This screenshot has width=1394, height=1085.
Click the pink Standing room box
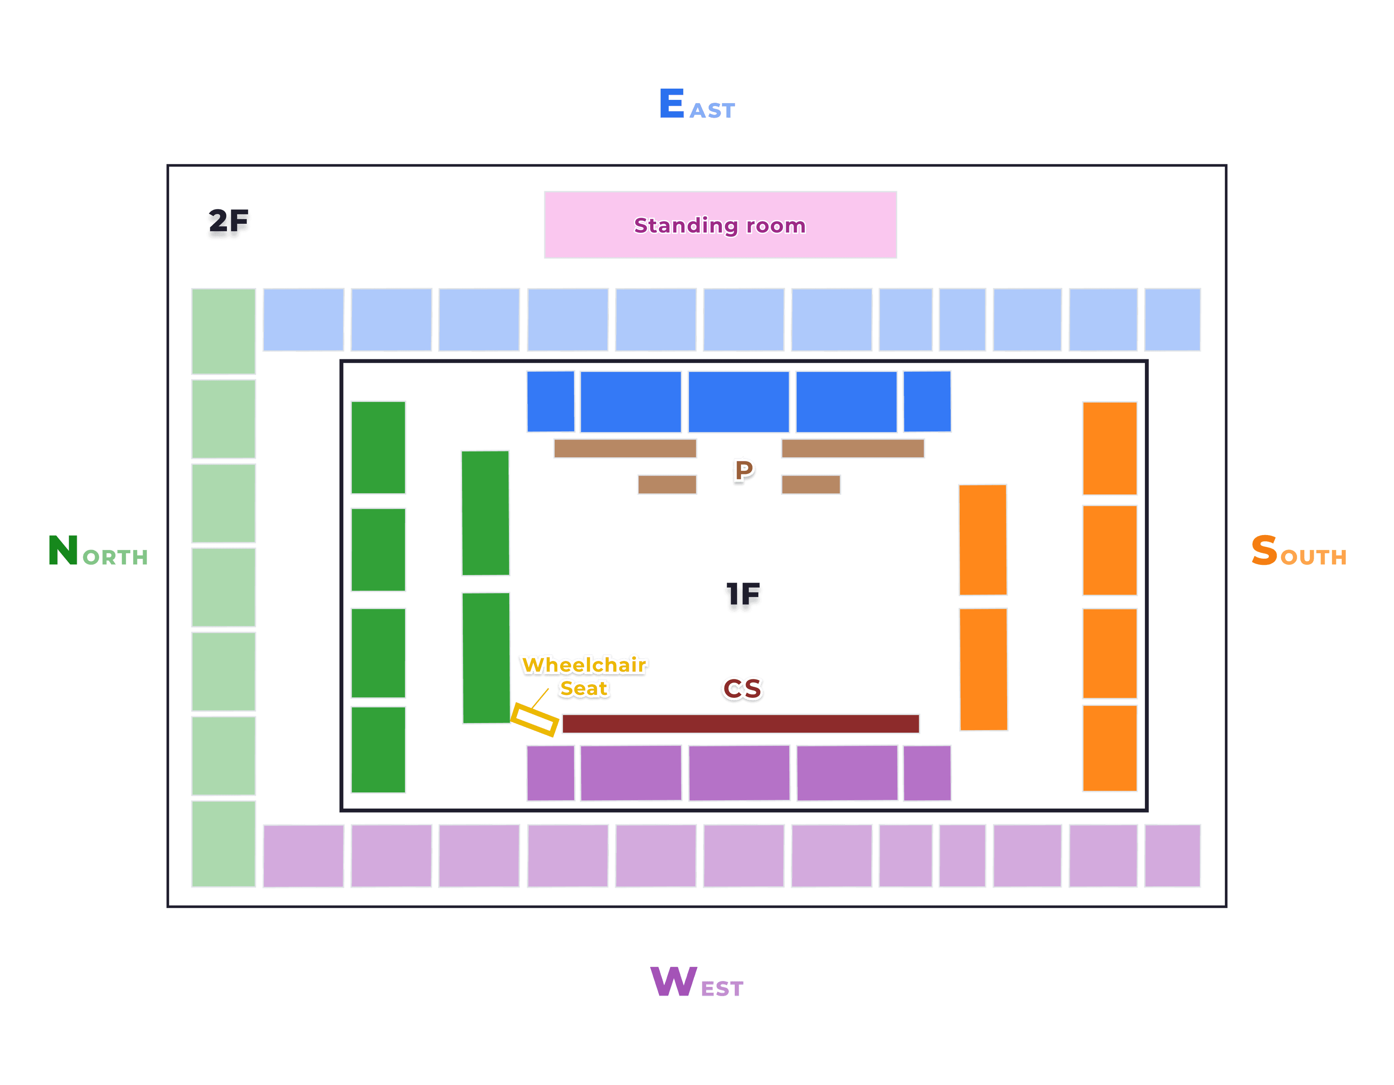pos(720,225)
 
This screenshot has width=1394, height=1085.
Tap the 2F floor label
pos(228,223)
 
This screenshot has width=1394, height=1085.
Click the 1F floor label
pos(743,596)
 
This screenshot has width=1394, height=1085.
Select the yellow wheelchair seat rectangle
pos(535,720)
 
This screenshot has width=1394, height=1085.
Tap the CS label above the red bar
pos(742,688)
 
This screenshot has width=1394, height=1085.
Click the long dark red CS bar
pos(741,724)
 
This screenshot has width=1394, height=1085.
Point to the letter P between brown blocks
pos(743,471)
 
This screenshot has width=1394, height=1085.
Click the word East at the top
pos(697,105)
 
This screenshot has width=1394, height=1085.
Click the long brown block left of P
pos(625,448)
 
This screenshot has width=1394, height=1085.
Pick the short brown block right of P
pos(811,485)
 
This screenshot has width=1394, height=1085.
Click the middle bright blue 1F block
pos(738,402)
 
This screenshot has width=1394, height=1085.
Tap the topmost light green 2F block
pos(223,331)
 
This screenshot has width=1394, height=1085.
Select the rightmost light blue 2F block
pos(1172,319)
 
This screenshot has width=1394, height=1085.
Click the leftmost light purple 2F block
pos(303,856)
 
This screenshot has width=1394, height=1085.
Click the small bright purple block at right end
pos(927,773)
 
